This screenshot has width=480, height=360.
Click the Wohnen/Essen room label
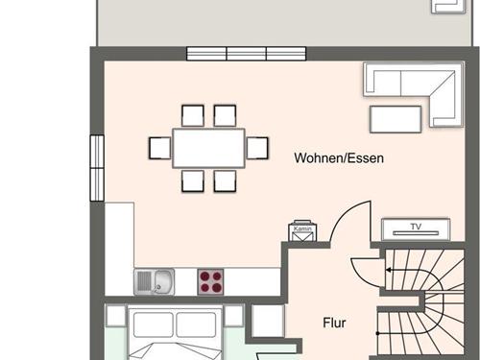339,158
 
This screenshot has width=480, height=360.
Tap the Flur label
334,323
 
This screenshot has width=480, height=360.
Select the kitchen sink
155,281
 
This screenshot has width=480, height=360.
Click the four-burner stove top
210,281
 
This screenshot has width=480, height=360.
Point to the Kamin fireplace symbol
302,230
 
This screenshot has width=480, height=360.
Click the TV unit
416,229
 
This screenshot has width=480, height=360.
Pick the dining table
208,148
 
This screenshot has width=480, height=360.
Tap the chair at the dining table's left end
160,148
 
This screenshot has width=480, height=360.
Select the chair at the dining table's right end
257,148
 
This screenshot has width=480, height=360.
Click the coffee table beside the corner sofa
396,119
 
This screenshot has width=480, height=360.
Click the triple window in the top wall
247,54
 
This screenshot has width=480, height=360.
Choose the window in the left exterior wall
97,168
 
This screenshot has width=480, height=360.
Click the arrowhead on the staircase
388,270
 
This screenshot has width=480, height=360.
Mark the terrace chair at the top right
448,7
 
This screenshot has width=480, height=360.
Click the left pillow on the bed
154,324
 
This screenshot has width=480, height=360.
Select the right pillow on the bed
196,324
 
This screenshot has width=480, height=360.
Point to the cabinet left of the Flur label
268,321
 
